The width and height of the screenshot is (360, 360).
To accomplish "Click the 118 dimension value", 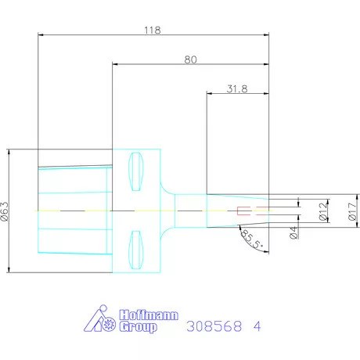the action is tap(153, 31).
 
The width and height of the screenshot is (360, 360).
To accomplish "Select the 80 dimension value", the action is tap(190, 59).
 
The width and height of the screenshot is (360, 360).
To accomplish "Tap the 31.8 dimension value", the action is tap(237, 89).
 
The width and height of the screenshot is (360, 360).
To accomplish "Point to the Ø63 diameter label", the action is tap(5, 211).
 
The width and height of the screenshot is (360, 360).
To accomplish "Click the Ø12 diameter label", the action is tap(323, 211).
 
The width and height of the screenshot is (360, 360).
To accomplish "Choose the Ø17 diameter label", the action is tap(352, 211).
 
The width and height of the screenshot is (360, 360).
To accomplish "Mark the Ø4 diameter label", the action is tap(293, 232).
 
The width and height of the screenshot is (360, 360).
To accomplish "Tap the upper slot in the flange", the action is tap(136, 171).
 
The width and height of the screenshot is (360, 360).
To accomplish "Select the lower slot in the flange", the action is tap(136, 250).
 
